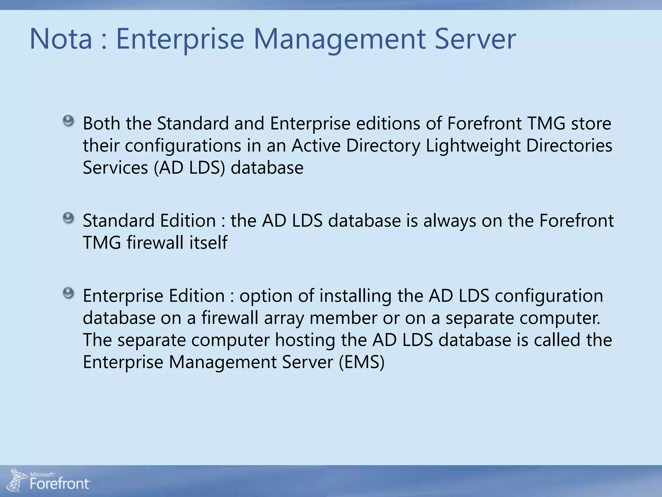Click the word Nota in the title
[61, 39]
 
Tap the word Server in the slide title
[475, 39]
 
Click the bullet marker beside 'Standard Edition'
[68, 218]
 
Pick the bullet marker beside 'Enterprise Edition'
[68, 293]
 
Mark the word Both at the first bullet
[101, 124]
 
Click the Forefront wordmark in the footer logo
[60, 484]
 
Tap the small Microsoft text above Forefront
[42, 474]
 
